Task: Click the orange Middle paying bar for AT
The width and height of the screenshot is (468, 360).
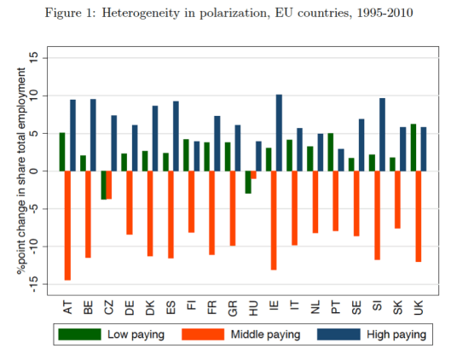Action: [x=67, y=225]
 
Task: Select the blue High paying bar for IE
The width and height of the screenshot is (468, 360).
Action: [x=279, y=133]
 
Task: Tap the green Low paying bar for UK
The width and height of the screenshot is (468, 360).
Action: [x=414, y=148]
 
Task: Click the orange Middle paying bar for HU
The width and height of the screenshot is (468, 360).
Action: [x=254, y=175]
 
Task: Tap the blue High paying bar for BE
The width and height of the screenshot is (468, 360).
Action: [x=93, y=135]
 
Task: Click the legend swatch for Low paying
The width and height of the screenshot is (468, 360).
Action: [x=79, y=334]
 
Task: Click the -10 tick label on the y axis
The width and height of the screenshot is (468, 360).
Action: [x=33, y=247]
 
